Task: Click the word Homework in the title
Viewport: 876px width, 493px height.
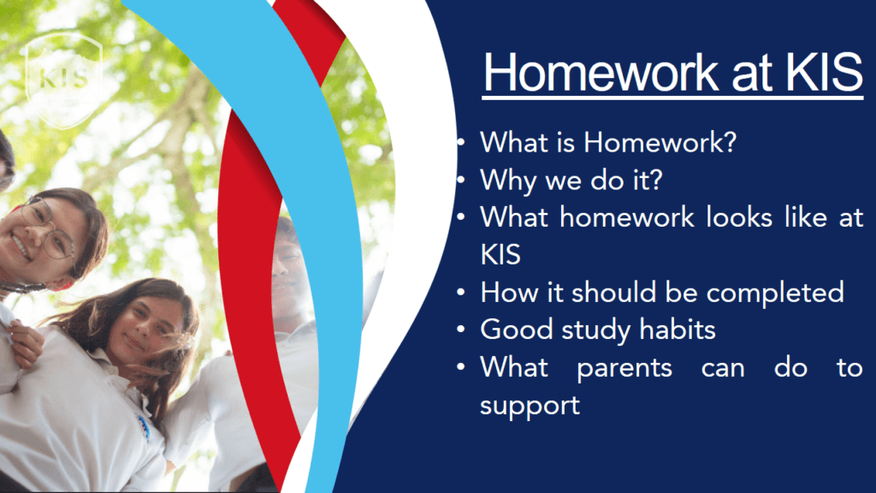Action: [601, 72]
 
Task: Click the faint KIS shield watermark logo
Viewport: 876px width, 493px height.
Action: [63, 80]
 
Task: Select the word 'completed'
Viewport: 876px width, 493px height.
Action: [775, 294]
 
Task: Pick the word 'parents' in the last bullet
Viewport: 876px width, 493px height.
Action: [624, 369]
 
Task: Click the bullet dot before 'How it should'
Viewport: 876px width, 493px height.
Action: [460, 292]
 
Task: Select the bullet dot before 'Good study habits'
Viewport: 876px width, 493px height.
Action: [460, 330]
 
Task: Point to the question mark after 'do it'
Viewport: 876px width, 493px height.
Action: [655, 180]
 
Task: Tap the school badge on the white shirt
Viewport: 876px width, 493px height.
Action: [144, 428]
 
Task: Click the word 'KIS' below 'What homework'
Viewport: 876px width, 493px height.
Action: [500, 255]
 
